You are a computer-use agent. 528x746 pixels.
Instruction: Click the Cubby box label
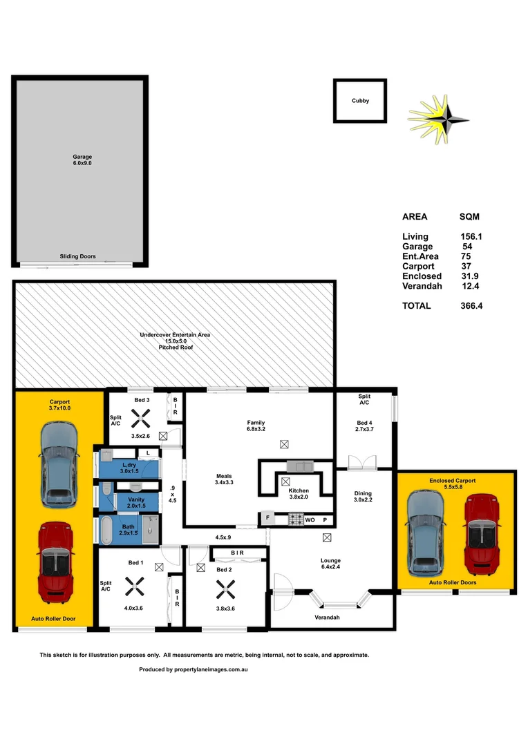pos(360,101)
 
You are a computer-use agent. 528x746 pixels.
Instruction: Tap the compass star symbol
pos(440,119)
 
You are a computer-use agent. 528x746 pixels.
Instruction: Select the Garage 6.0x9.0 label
pos(82,160)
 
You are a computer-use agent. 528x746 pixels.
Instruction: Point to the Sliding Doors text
pos(78,256)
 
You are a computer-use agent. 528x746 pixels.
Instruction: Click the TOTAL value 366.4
pos(471,305)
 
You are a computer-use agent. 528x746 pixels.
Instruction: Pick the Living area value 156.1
pos(471,236)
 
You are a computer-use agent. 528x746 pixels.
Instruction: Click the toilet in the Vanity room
pos(106,489)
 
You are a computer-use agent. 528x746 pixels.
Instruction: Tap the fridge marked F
pos(266,518)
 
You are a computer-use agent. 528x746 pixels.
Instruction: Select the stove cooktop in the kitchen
pos(296,518)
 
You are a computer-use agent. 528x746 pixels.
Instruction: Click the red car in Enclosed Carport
pos(482,535)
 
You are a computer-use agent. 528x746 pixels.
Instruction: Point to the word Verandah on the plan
pos(327,617)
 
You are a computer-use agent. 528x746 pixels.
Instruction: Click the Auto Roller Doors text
pos(453,582)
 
